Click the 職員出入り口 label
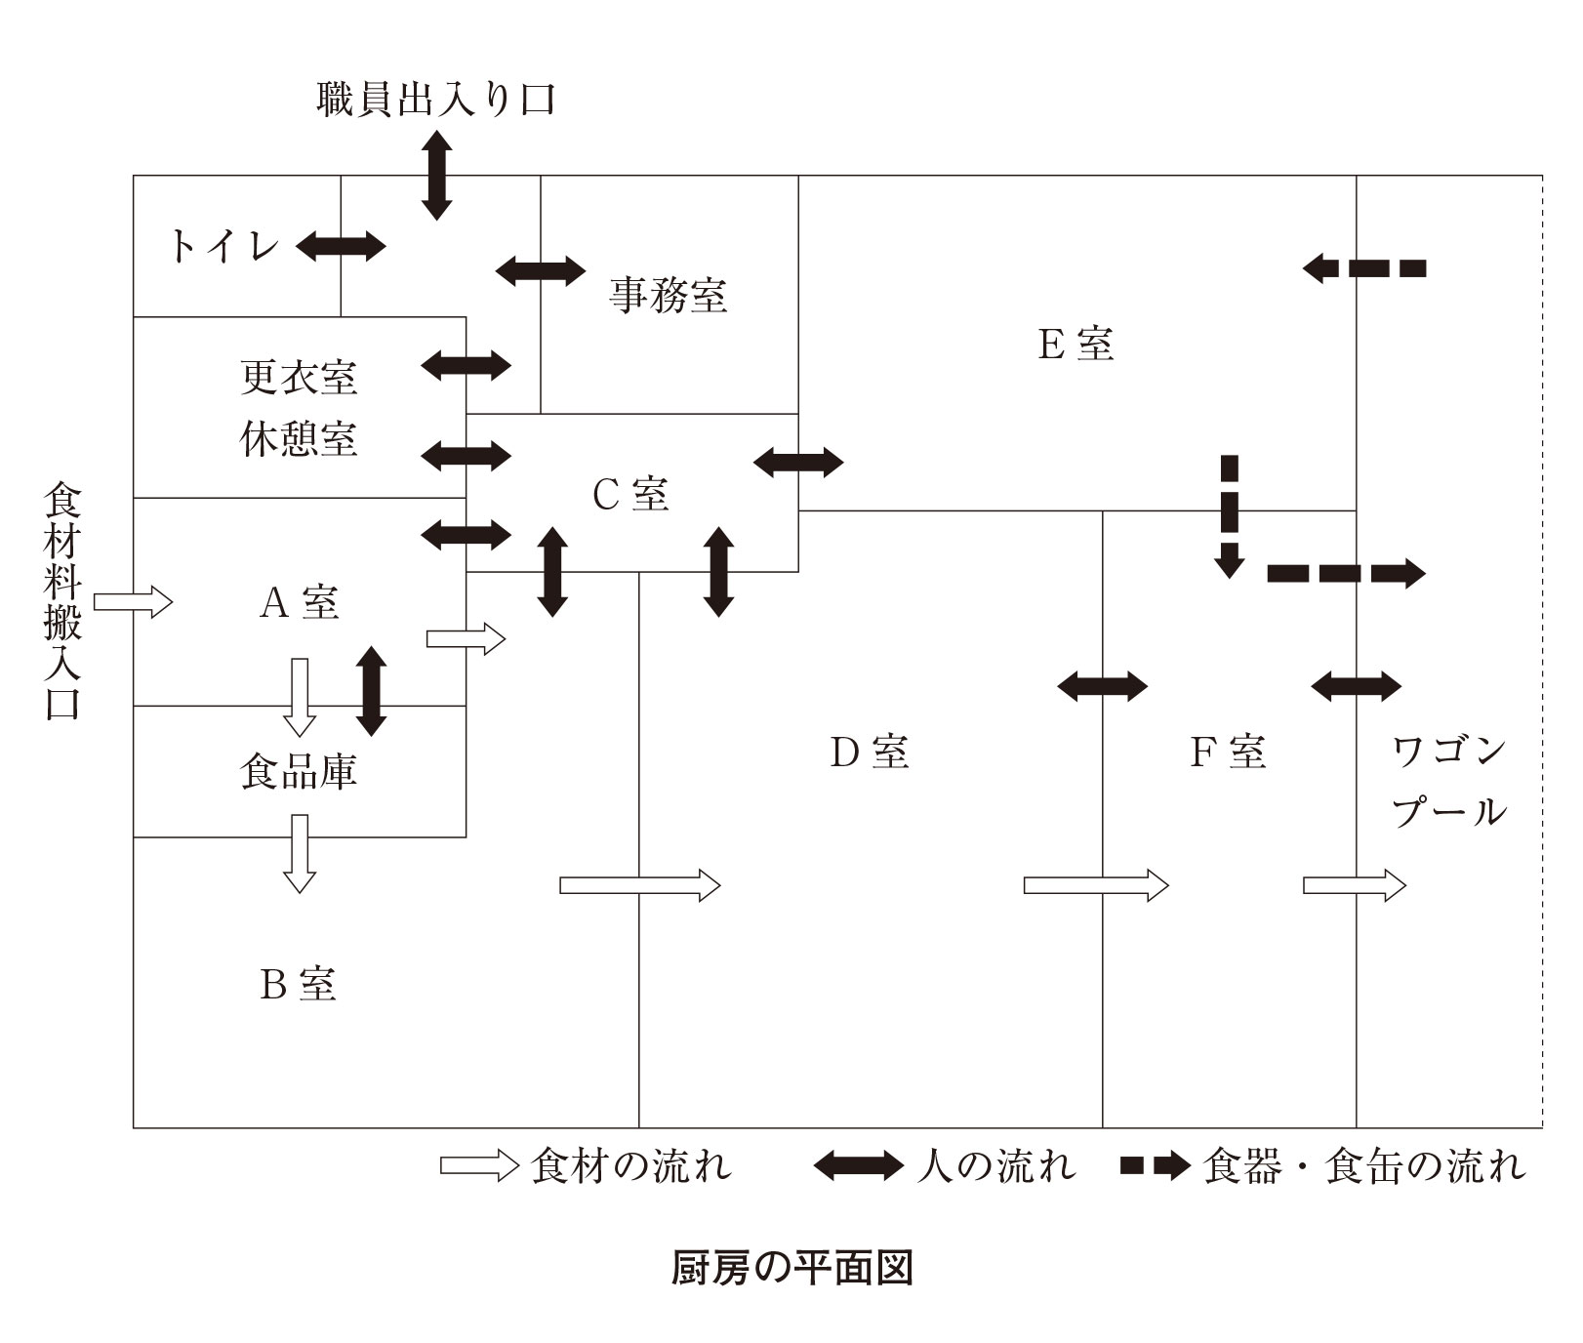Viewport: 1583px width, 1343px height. (436, 101)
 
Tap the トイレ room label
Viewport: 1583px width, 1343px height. (224, 246)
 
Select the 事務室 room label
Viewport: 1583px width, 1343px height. (669, 294)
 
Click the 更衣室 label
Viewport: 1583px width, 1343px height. (299, 378)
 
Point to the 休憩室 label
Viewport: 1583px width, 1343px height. (299, 439)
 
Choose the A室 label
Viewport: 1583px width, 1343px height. (299, 602)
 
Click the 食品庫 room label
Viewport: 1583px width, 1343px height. (299, 771)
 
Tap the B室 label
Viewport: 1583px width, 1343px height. (299, 984)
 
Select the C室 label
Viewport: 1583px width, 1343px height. (630, 495)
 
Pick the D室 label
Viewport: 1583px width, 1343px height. (870, 752)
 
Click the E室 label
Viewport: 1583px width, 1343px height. (1075, 344)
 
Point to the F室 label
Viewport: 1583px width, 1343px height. (1228, 752)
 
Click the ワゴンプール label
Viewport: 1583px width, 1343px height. (1448, 782)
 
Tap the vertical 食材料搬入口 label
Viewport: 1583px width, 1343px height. (63, 601)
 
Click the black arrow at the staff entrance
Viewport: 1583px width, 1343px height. (436, 175)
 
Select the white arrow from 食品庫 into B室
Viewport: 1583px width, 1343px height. (300, 853)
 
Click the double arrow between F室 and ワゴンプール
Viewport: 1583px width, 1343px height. (1356, 685)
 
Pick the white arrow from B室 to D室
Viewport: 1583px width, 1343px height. (639, 885)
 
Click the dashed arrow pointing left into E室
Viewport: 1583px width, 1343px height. (1363, 267)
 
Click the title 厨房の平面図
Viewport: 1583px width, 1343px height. (791, 1268)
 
